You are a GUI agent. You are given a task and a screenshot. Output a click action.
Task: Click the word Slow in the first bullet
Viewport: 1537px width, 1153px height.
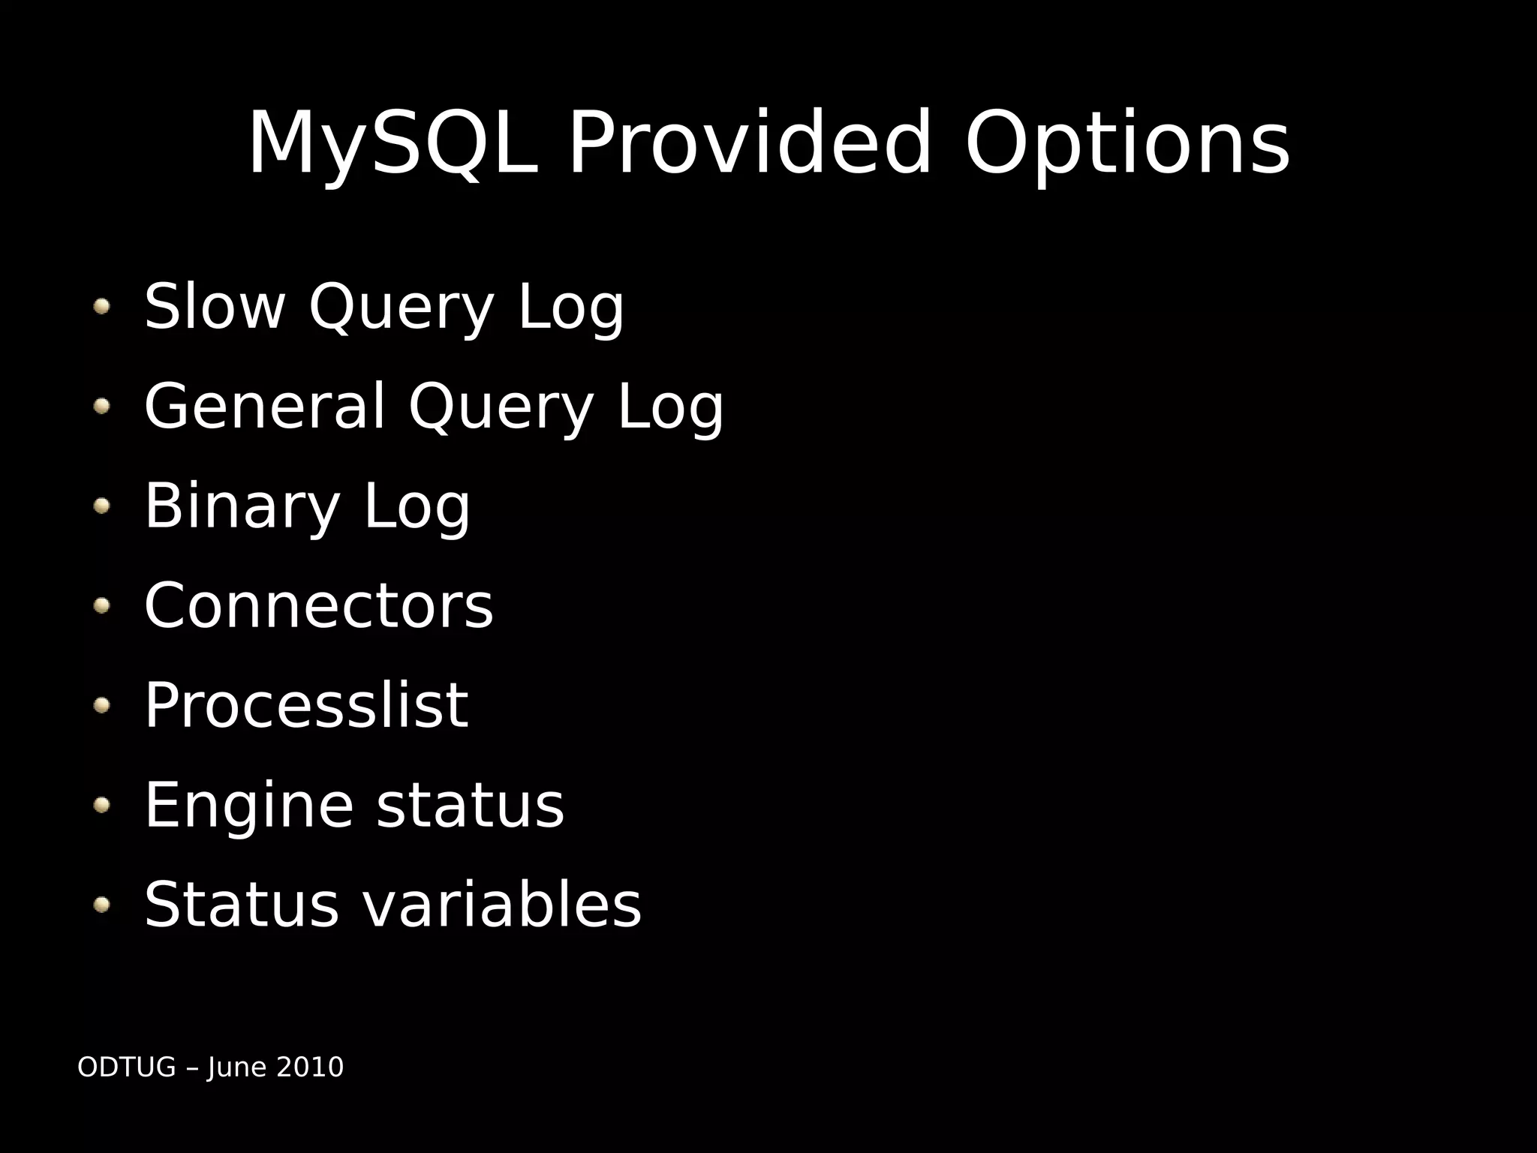pos(215,306)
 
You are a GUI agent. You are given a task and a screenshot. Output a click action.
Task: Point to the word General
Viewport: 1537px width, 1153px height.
pos(264,406)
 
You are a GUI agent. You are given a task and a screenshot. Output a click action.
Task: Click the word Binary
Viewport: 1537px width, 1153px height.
pos(242,506)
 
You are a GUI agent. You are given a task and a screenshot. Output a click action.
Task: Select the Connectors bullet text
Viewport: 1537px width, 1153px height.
pos(318,605)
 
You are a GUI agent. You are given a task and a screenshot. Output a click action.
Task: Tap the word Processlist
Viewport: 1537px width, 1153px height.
pos(306,705)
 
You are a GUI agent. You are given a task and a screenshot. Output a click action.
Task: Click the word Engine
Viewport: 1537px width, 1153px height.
pos(248,805)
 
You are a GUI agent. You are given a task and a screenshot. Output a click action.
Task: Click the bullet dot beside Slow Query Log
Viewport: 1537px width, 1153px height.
pos(101,306)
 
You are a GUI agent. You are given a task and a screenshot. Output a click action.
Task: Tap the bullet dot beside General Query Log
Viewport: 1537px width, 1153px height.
pos(101,406)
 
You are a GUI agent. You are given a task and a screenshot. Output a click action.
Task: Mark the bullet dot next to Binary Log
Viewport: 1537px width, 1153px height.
pos(101,506)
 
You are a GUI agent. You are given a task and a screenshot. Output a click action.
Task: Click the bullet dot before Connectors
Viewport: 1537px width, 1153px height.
pos(101,605)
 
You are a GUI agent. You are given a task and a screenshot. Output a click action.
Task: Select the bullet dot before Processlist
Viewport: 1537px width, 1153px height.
pos(101,705)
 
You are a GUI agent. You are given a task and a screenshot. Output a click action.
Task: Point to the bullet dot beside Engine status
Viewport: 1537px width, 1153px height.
pos(101,805)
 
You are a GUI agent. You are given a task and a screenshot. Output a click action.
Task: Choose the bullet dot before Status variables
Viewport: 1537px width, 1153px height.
pos(101,905)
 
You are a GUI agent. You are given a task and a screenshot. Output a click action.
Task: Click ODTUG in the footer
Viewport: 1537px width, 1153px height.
pos(126,1067)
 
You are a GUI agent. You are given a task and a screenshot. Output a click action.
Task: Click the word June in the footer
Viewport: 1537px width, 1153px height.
pos(237,1067)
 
